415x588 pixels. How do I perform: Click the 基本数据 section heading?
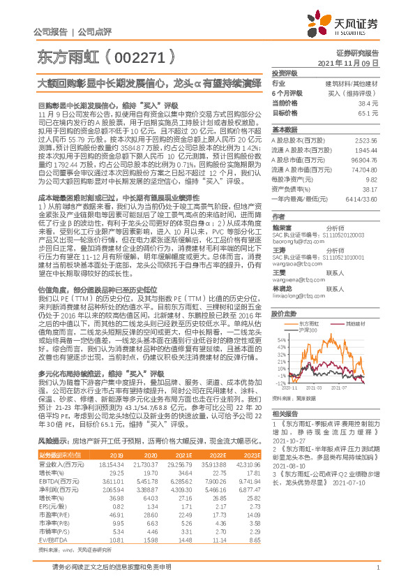point(285,130)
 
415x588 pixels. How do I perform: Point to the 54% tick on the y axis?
point(280,319)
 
